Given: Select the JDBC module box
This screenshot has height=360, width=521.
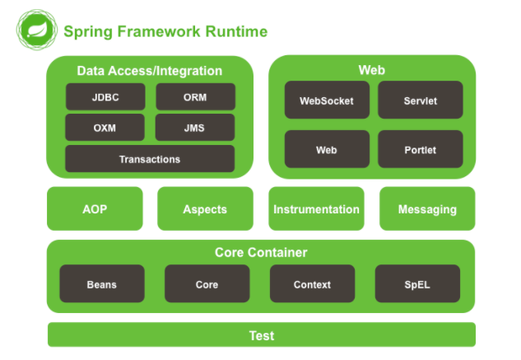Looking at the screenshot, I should [105, 97].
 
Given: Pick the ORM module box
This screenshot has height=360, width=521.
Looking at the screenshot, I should [195, 97].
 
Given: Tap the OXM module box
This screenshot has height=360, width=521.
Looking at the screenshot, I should [105, 128].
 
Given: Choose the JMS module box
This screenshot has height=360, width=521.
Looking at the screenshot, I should [195, 128].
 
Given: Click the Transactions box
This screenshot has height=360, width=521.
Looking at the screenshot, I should [150, 159].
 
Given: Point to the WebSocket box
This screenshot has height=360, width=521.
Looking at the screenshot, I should [326, 101].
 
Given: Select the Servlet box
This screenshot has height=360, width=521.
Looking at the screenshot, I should [420, 101].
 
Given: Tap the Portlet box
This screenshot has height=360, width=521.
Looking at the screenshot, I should [420, 150].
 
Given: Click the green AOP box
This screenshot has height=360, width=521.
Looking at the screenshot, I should [95, 209].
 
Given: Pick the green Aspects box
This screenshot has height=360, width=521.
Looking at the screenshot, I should [205, 209].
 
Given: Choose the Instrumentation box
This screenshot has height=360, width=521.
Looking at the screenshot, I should [316, 209].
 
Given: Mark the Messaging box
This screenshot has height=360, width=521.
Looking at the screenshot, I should [427, 209].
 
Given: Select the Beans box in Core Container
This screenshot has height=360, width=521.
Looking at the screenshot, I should [102, 284].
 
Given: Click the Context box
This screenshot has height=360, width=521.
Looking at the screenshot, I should [312, 284].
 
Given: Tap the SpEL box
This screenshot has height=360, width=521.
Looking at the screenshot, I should [416, 284].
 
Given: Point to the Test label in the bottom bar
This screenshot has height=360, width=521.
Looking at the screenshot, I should [262, 335].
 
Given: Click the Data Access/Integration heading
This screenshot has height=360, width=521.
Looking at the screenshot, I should [150, 71].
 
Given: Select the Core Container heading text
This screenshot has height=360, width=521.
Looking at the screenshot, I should [261, 252].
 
